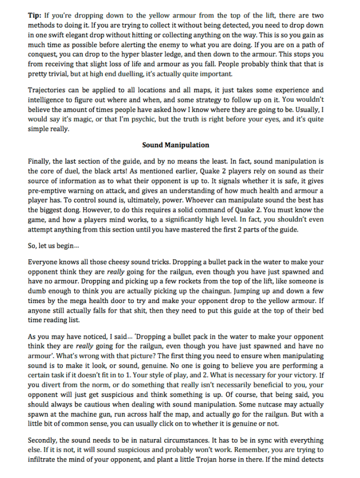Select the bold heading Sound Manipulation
coord(176,145)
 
